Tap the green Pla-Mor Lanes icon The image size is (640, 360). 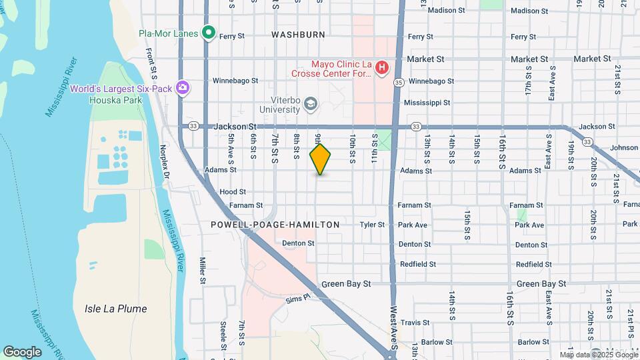(209, 33)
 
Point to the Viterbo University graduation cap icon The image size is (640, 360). (310, 103)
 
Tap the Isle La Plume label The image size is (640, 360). (115, 309)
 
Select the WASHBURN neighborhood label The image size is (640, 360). (298, 34)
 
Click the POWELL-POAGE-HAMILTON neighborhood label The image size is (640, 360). (275, 225)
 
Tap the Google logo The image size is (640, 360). (22, 351)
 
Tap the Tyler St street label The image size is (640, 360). (372, 225)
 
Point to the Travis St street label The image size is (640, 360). (415, 323)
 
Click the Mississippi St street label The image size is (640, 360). (427, 103)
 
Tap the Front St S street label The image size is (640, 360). (153, 59)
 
